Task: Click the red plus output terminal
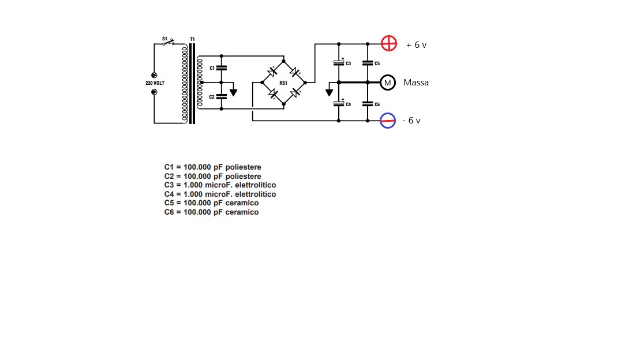click(x=388, y=43)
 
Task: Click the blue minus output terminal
click(x=388, y=121)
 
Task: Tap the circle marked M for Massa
click(x=388, y=82)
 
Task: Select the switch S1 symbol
click(x=169, y=42)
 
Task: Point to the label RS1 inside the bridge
click(x=283, y=83)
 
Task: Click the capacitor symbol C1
click(x=221, y=68)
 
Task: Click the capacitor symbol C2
click(x=221, y=97)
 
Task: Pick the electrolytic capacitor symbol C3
click(x=339, y=63)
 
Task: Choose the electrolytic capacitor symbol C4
click(x=339, y=104)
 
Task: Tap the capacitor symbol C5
click(x=368, y=63)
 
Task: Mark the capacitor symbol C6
click(x=368, y=104)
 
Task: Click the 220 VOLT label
click(x=155, y=83)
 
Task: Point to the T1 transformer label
click(x=192, y=39)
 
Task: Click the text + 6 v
click(x=416, y=45)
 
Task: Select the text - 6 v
click(x=411, y=121)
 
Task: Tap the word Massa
click(x=416, y=82)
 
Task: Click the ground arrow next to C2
click(x=233, y=92)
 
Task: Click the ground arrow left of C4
click(x=329, y=92)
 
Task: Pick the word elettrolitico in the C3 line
click(x=256, y=185)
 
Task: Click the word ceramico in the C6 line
click(x=242, y=212)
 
